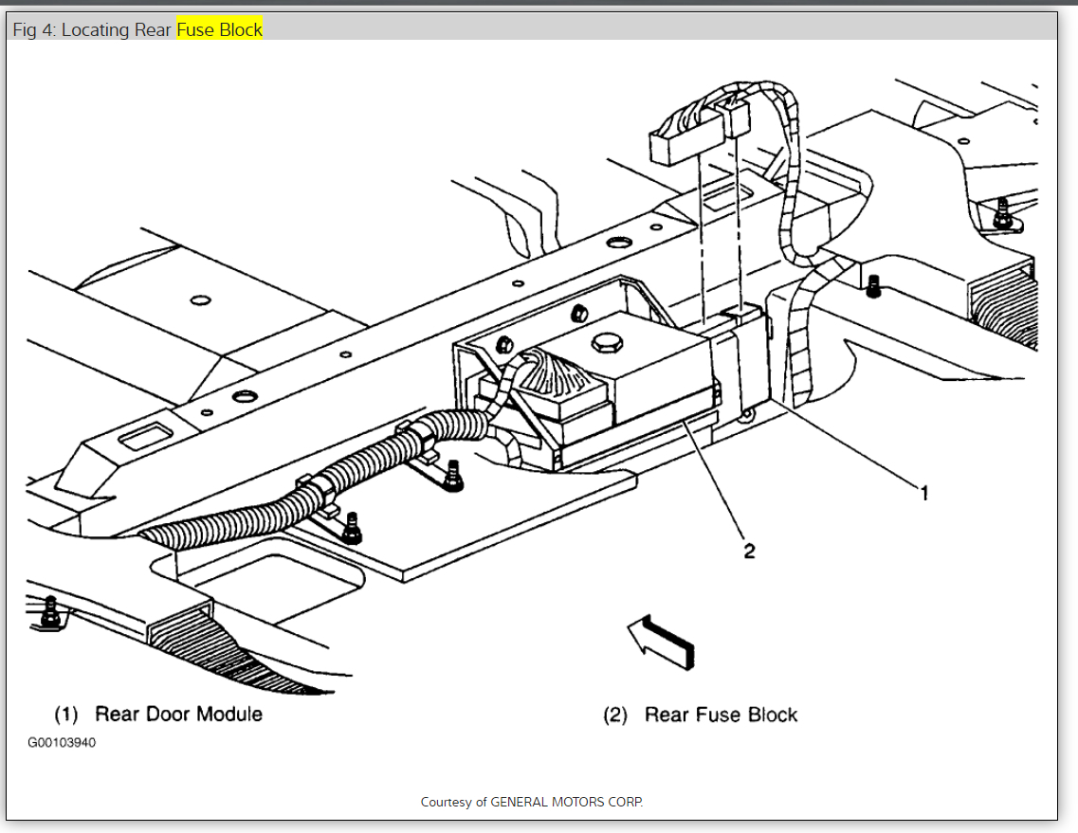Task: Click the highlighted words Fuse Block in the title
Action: (219, 29)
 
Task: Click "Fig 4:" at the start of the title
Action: (35, 29)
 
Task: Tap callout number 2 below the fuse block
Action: (749, 550)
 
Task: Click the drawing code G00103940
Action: (62, 742)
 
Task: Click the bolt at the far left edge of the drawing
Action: (49, 613)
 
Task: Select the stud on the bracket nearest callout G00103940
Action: (352, 526)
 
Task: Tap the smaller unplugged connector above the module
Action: (735, 116)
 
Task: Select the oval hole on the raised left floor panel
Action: (200, 300)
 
